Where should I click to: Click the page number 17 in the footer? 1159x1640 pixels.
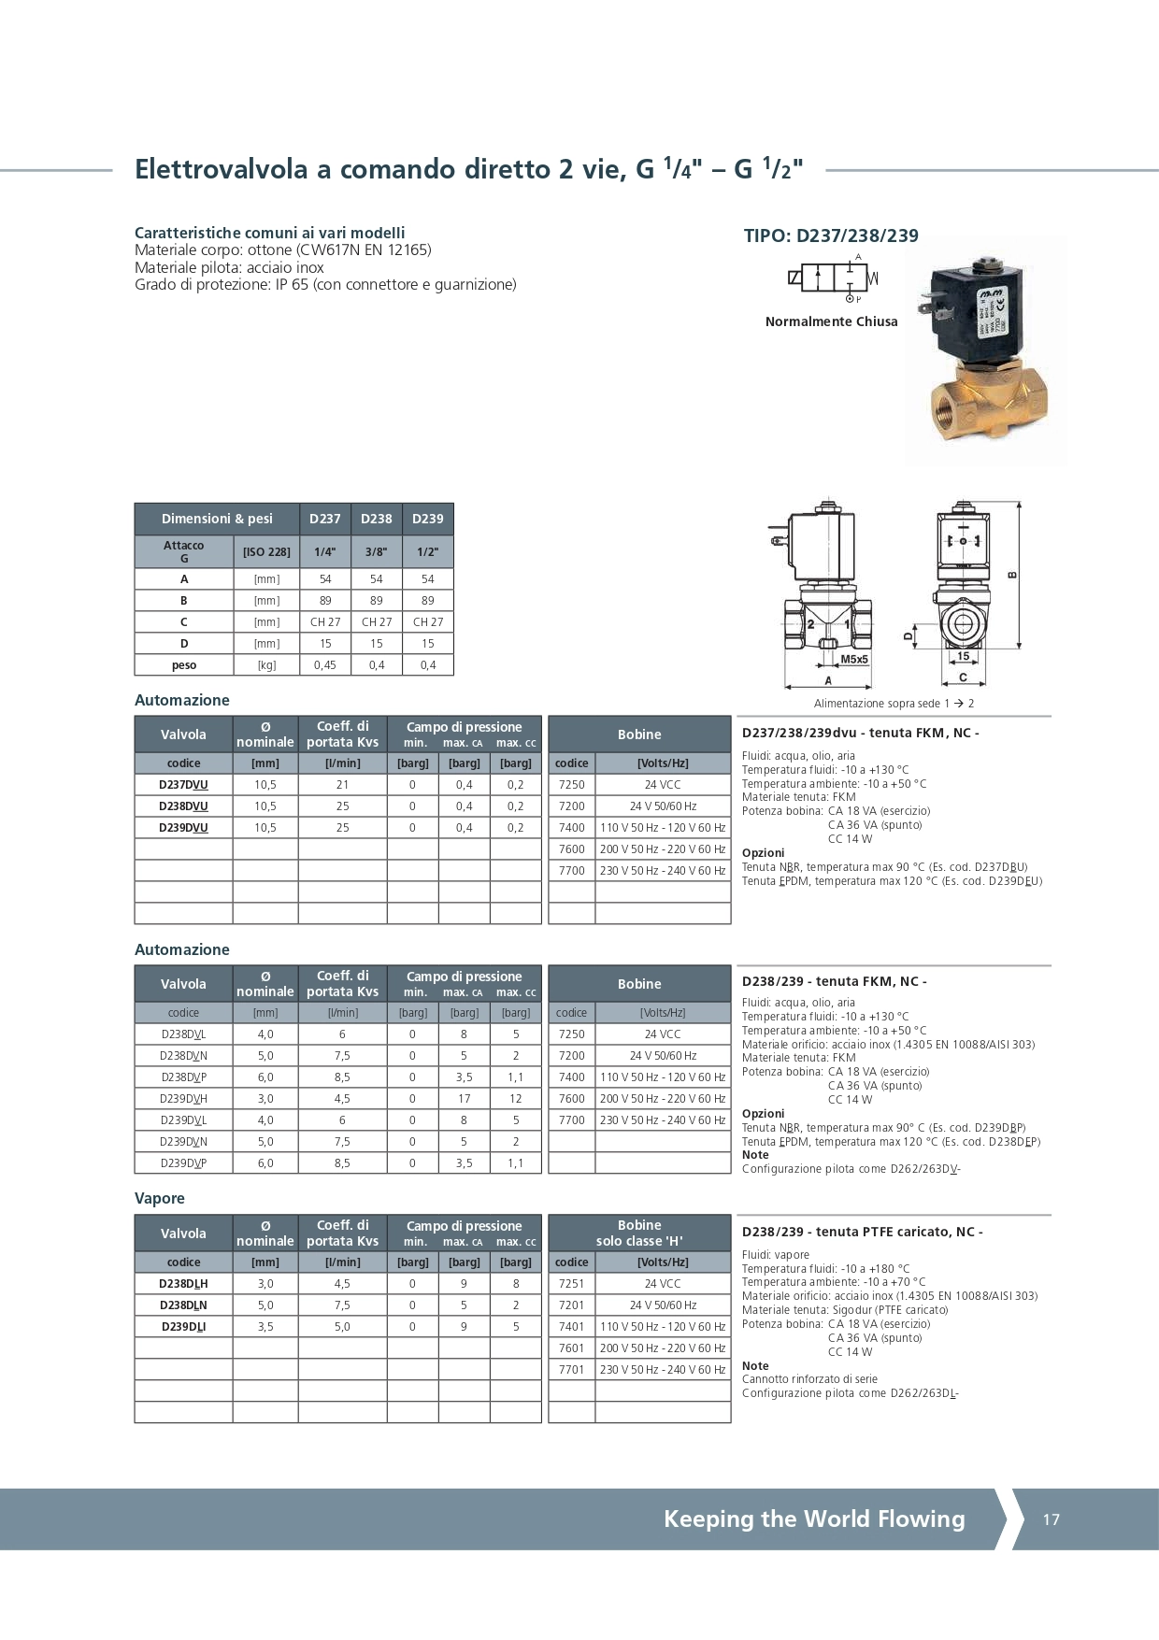pos(1052,1519)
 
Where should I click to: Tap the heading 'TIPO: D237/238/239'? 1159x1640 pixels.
pos(831,236)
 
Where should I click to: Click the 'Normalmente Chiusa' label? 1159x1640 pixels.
pos(831,321)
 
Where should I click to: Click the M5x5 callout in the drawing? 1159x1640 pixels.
pos(854,659)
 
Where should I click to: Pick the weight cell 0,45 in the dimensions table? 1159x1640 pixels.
pos(325,665)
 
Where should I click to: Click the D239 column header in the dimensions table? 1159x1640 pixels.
pos(428,519)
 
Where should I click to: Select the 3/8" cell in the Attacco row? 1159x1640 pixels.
pos(377,551)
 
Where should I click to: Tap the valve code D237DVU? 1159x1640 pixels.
pos(183,785)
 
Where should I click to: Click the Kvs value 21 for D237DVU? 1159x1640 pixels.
pos(342,785)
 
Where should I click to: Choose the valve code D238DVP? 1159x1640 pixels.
pos(183,1077)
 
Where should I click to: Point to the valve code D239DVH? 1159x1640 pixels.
pos(183,1099)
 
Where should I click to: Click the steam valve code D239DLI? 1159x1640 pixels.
pos(183,1327)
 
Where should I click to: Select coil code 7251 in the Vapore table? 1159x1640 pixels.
pos(571,1284)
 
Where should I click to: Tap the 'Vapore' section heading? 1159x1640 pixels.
pos(160,1199)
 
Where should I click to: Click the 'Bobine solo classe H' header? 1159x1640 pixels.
pos(639,1233)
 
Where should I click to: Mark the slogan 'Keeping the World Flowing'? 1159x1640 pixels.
pos(814,1519)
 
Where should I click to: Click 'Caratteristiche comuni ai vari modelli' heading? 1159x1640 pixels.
pos(270,233)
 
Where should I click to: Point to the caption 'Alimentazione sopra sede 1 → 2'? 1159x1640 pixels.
pos(894,704)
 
